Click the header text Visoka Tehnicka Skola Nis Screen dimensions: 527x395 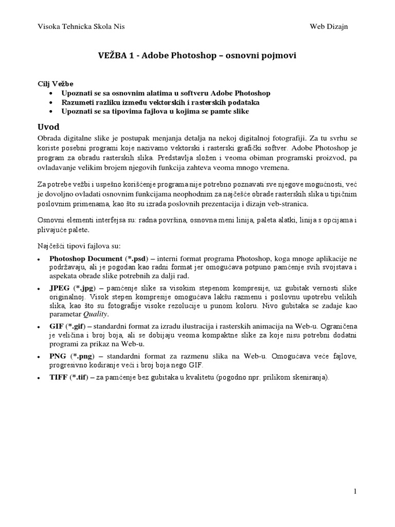81,26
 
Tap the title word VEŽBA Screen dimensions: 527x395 111,56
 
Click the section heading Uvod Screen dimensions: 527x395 49,127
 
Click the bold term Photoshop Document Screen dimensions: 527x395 86,258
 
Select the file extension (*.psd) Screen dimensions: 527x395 138,258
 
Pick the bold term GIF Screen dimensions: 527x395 57,327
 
